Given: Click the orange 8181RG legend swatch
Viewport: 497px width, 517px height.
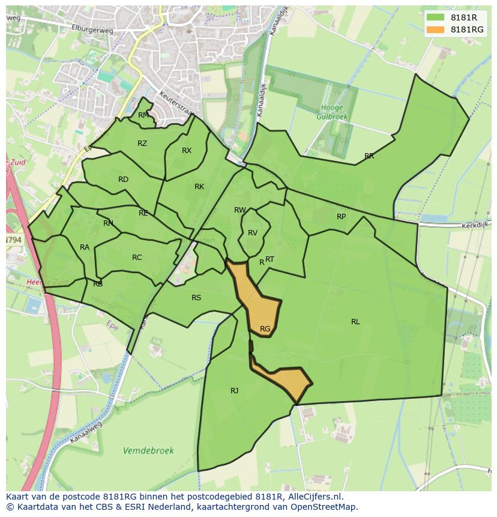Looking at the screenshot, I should click(x=436, y=29).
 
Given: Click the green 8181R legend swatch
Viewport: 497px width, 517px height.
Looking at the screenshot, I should click(x=436, y=17).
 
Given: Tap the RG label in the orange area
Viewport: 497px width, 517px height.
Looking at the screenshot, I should click(x=265, y=329).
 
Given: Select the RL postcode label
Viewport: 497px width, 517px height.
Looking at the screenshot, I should click(x=355, y=322).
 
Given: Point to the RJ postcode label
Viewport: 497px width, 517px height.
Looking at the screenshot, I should click(x=234, y=391).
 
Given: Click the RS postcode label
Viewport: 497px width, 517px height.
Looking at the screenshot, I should click(x=196, y=298).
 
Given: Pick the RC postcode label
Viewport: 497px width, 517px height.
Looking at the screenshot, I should click(x=137, y=258).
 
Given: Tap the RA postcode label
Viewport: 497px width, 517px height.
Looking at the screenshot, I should click(x=85, y=247).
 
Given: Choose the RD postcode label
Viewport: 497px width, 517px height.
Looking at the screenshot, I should click(x=123, y=180).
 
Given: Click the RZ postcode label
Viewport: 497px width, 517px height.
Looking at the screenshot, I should click(x=142, y=144).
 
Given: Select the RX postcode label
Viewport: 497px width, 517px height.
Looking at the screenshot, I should click(x=187, y=151).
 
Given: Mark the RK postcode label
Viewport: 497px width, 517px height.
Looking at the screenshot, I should click(x=199, y=187).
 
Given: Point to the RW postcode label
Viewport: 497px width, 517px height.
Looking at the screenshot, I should click(x=240, y=210).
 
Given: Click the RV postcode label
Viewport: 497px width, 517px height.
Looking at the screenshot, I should click(x=253, y=233).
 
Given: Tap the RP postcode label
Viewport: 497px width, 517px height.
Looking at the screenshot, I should click(x=341, y=217).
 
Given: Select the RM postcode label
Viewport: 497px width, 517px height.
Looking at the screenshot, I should click(x=143, y=115).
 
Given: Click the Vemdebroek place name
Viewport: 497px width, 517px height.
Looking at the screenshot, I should click(x=148, y=450).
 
